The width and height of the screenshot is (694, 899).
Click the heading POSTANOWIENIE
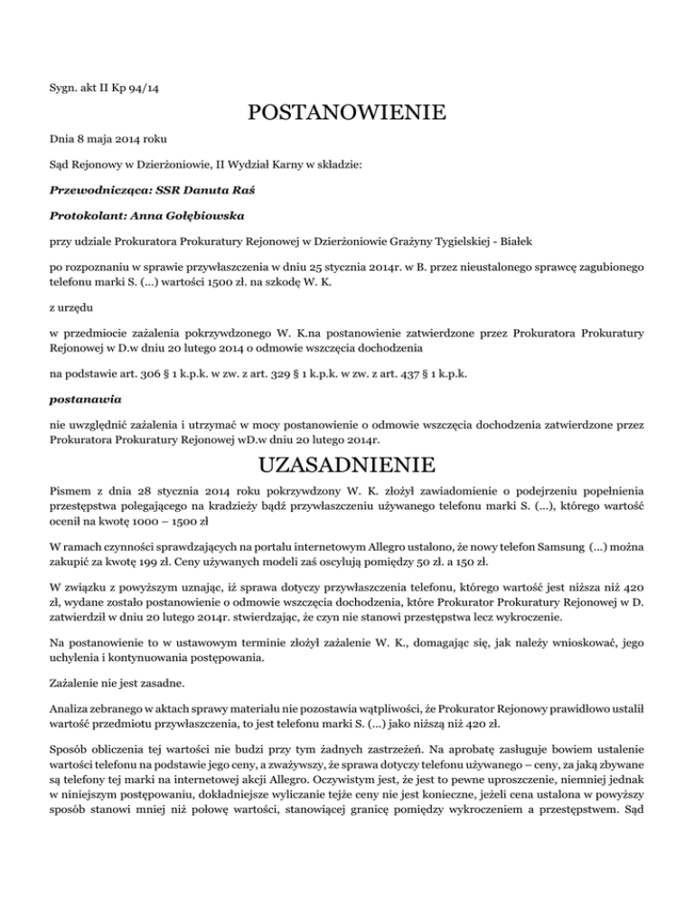click(347, 114)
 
